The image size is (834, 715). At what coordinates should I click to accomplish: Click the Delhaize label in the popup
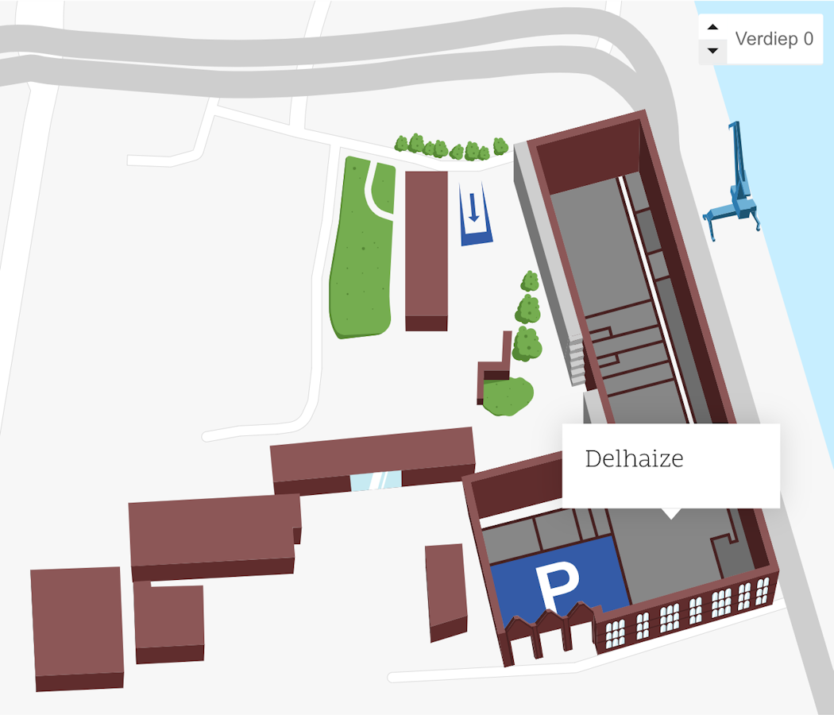click(634, 459)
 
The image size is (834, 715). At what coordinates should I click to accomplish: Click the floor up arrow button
click(712, 27)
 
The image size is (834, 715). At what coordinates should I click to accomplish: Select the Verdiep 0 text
click(774, 39)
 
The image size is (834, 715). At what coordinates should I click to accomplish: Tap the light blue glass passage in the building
click(376, 481)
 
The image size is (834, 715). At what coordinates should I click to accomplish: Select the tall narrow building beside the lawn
click(427, 246)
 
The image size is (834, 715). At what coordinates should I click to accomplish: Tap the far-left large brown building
click(76, 624)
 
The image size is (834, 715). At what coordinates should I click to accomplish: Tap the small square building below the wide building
click(168, 620)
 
